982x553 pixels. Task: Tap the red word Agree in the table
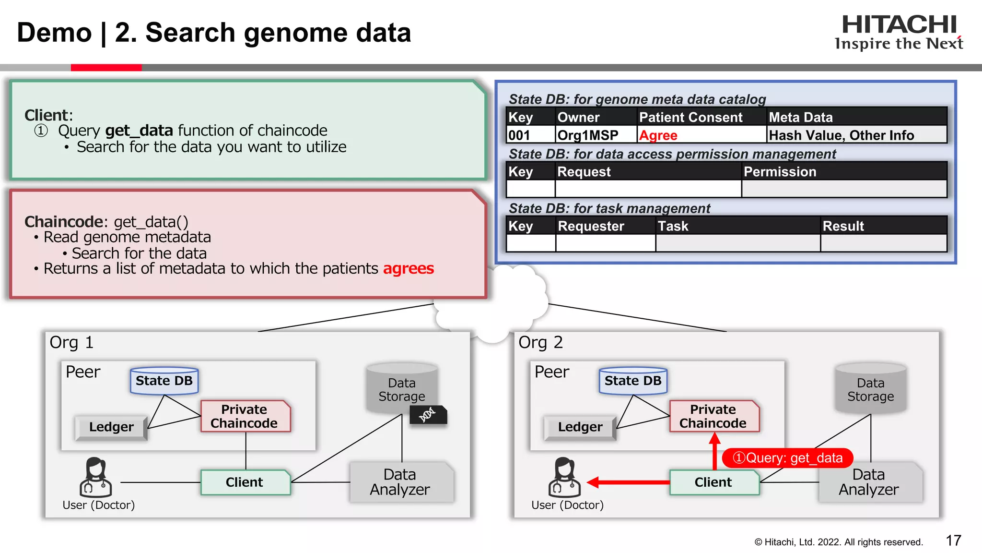coord(658,135)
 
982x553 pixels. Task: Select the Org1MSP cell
coord(588,135)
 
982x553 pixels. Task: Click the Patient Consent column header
coord(690,117)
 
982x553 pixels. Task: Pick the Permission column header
coord(780,172)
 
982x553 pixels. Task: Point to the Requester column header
coord(591,226)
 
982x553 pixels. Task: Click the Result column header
coord(843,226)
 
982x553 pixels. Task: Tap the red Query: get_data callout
coord(787,458)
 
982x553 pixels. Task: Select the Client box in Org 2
coord(713,482)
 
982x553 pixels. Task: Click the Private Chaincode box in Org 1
coord(245,416)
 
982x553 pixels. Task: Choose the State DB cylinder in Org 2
coord(633,381)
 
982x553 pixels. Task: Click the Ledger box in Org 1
coord(111,427)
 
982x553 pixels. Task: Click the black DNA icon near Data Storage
coord(428,414)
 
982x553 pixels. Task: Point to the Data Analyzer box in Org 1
coord(400,482)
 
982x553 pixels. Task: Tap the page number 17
coord(953,541)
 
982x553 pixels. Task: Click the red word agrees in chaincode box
coord(408,268)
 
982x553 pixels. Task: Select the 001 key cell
coord(519,135)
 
